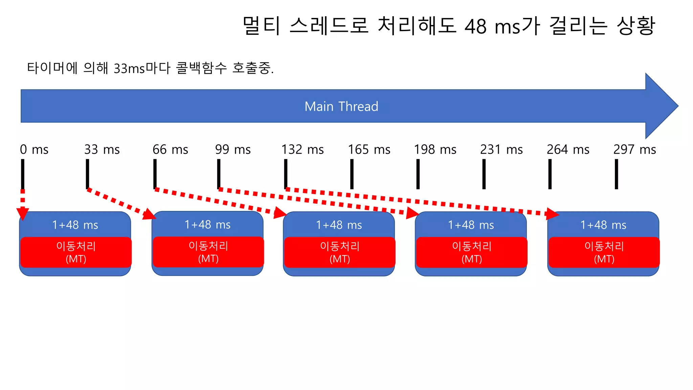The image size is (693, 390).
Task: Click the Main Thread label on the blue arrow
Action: click(x=341, y=106)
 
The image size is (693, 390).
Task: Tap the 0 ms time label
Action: click(x=34, y=149)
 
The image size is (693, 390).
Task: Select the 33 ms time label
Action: click(x=102, y=149)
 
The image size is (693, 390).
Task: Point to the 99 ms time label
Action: click(x=233, y=149)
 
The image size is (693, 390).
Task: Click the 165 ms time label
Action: click(x=369, y=149)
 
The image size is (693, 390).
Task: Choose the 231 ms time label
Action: click(x=501, y=149)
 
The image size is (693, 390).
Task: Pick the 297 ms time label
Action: click(x=634, y=149)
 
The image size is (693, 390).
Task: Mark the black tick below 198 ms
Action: click(x=418, y=174)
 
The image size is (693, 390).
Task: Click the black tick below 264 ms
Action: click(x=550, y=174)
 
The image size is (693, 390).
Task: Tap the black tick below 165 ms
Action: click(x=352, y=174)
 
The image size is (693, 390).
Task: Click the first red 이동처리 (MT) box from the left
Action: click(x=76, y=252)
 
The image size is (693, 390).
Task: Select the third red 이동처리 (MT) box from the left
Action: click(x=339, y=252)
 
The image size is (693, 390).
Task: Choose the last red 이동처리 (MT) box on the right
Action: click(x=604, y=252)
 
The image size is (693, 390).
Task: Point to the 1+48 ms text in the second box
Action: click(x=207, y=224)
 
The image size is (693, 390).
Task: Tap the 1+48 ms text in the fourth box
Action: click(x=471, y=225)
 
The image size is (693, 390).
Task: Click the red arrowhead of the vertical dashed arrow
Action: click(x=23, y=214)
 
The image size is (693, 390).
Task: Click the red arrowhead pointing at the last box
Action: click(x=552, y=214)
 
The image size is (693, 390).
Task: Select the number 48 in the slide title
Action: click(x=475, y=26)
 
